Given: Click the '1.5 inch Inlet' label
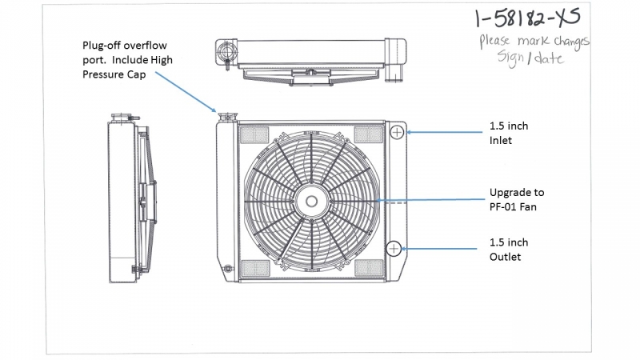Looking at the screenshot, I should (508, 133).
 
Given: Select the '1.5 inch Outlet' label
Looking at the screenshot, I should (508, 249).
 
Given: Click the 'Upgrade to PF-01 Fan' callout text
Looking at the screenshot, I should (516, 199).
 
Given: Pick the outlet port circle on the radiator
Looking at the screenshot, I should (394, 248).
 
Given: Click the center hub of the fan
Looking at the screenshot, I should (310, 200).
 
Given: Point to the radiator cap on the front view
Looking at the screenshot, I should (226, 117).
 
